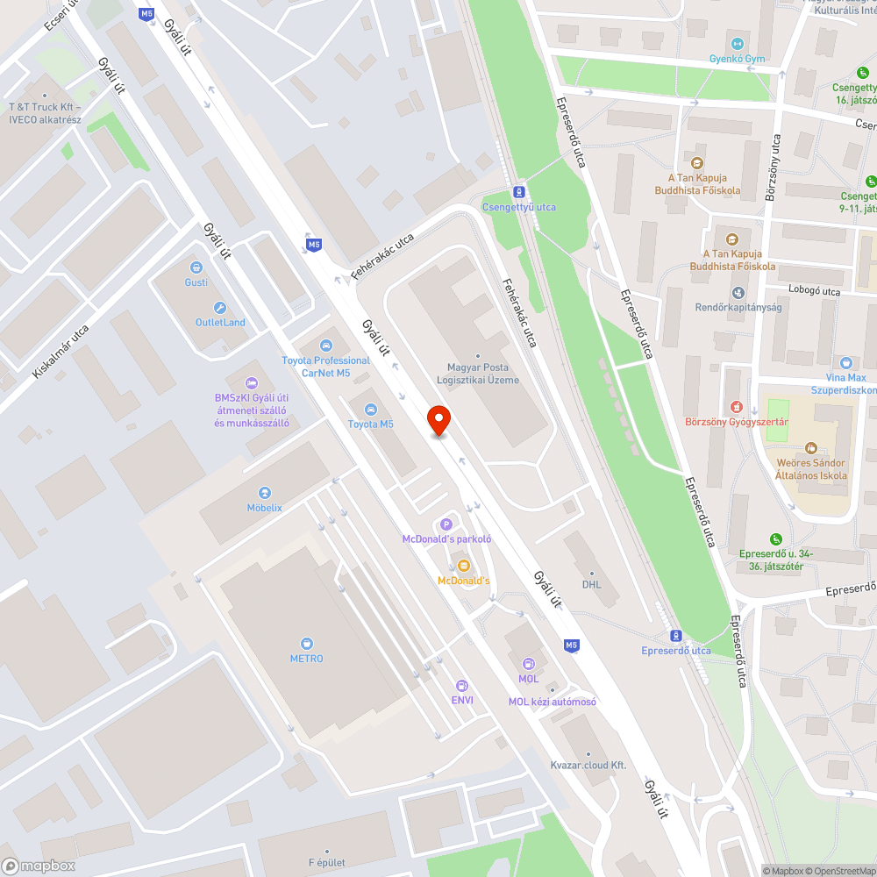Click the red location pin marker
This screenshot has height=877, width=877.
[438, 420]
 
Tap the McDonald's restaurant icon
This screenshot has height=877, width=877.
[463, 566]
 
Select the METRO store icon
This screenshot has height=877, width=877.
[307, 644]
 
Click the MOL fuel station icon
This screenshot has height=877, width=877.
[528, 664]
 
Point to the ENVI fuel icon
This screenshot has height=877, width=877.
[461, 685]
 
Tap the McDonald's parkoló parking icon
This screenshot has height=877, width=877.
[446, 524]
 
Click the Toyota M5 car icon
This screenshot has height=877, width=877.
[370, 410]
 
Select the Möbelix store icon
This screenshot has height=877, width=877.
[264, 493]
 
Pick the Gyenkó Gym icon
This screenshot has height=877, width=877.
[738, 44]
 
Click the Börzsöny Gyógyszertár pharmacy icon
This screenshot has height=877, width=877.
[737, 407]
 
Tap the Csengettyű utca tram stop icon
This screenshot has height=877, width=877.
[519, 192]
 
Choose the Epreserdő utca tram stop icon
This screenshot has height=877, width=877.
[675, 636]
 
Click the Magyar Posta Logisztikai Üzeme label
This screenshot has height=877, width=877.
[478, 374]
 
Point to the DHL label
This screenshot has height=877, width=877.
[591, 584]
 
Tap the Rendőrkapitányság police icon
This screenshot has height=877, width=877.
[738, 292]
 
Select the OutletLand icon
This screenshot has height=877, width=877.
[220, 308]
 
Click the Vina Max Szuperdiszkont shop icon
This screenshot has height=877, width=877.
[845, 362]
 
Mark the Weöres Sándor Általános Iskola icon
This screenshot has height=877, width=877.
[811, 448]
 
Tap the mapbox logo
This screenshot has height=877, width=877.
[39, 866]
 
